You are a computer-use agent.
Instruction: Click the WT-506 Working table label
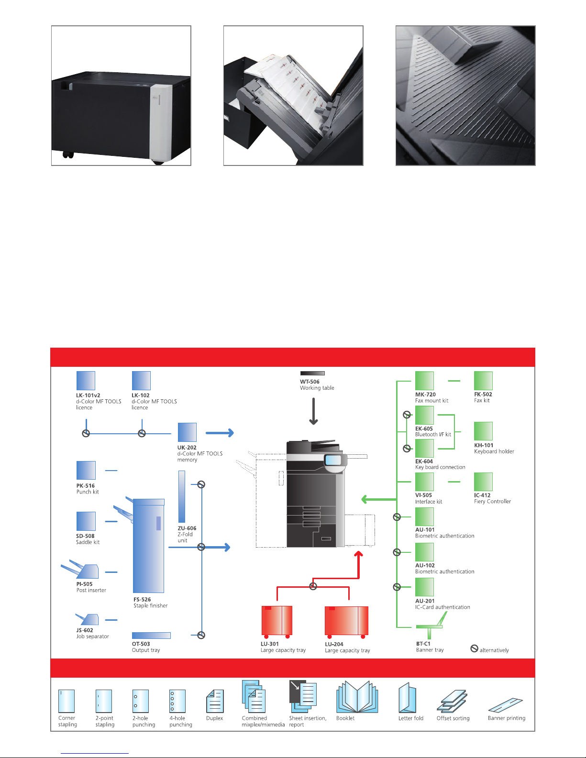click(317, 385)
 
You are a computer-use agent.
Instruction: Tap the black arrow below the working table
click(314, 412)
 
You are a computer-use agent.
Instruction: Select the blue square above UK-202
click(187, 432)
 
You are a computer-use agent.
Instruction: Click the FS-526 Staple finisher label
click(150, 603)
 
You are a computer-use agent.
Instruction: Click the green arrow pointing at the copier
click(379, 500)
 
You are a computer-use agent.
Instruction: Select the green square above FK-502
click(483, 381)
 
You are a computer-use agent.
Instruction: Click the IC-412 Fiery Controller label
click(492, 498)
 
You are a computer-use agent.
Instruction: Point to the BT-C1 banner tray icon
click(431, 626)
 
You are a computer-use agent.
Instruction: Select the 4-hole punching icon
click(177, 701)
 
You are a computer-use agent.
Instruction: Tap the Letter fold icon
click(408, 698)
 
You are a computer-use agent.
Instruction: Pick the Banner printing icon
click(506, 704)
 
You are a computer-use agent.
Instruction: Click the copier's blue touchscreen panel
click(333, 461)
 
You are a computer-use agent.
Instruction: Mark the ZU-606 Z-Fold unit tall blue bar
click(182, 496)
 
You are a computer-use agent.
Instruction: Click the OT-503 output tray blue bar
click(151, 636)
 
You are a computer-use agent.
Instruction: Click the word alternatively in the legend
click(494, 650)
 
